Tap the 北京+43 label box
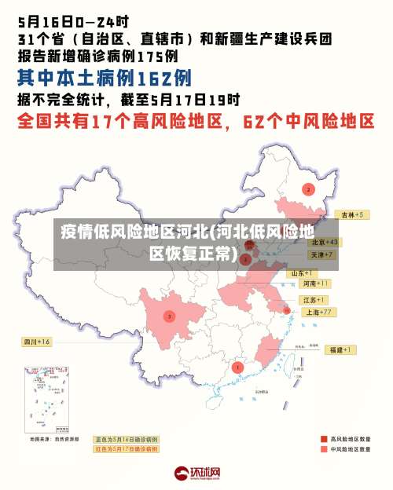pos(323,243)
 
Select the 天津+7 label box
pos(321,255)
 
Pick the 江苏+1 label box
pos(314,301)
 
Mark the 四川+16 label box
pos(36,342)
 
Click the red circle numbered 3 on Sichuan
pos(169,316)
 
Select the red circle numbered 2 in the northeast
pos(308,189)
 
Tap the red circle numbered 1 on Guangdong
pos(238,367)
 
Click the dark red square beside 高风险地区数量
pos(323,439)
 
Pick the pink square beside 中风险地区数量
pos(323,450)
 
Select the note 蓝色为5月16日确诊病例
pos(127,439)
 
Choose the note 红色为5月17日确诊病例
pos(127,448)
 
